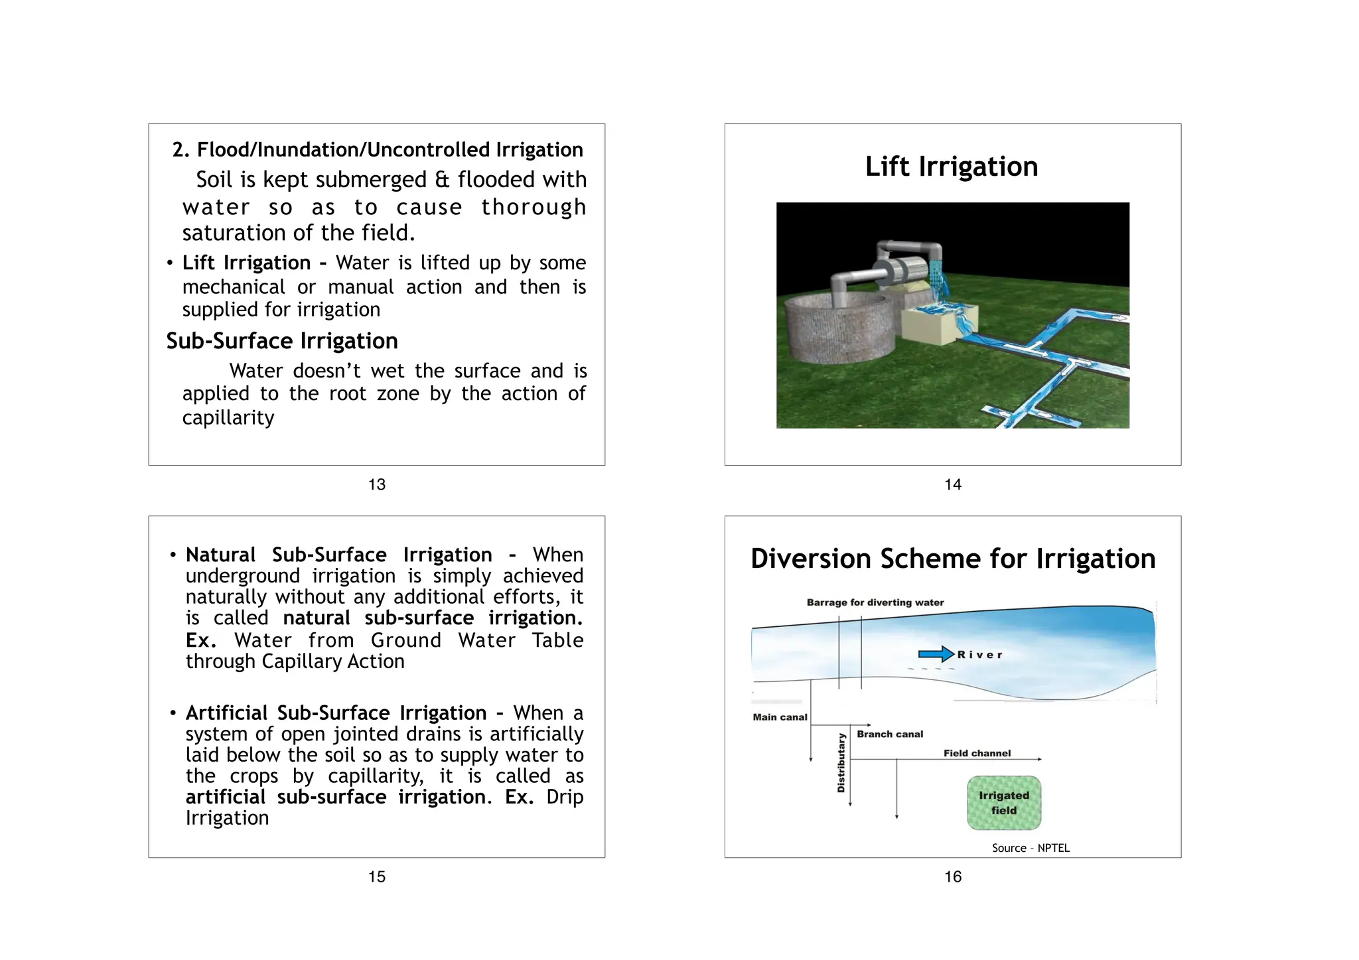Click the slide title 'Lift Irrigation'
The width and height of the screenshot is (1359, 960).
point(951,167)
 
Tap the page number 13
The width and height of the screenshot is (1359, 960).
point(377,485)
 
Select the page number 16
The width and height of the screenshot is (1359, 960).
point(953,877)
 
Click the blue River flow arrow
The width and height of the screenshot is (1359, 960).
point(936,654)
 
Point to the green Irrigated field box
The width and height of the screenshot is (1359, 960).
point(1003,803)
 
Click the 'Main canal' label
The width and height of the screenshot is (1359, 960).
point(780,717)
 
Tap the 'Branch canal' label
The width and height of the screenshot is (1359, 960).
point(890,734)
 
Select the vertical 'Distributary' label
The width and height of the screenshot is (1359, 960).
point(841,763)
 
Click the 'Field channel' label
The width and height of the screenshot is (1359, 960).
point(977,754)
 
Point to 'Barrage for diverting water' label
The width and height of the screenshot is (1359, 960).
point(875,602)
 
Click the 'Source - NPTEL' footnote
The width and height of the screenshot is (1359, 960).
point(1031,848)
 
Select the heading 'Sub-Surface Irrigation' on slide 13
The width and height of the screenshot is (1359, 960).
point(282,341)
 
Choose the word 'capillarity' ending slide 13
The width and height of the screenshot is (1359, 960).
point(228,418)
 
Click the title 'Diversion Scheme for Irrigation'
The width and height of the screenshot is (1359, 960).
point(953,559)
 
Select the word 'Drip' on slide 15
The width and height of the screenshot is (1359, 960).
point(565,797)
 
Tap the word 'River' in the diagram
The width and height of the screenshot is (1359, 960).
point(979,655)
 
